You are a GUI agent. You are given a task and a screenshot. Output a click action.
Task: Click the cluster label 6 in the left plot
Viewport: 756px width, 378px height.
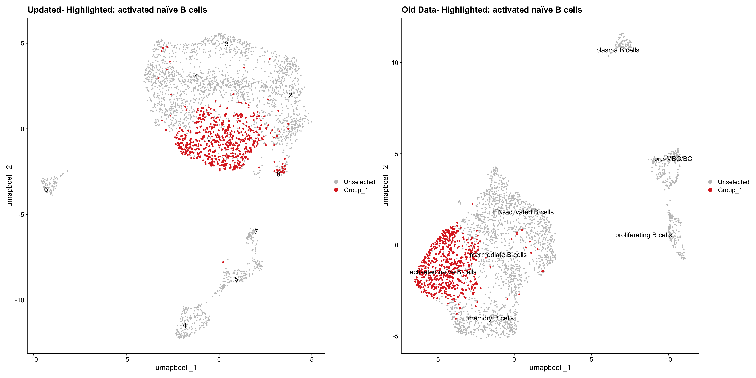pos(46,189)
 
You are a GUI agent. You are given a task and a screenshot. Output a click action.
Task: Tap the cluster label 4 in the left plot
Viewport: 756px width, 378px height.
pos(185,325)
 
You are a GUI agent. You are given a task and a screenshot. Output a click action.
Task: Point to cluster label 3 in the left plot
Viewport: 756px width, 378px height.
pos(227,44)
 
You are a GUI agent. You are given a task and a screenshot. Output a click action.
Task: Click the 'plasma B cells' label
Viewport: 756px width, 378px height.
pos(617,50)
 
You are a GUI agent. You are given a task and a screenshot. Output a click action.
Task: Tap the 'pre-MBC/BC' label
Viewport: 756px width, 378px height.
pos(673,159)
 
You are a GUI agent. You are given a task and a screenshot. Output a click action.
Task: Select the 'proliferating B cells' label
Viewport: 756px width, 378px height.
pos(643,235)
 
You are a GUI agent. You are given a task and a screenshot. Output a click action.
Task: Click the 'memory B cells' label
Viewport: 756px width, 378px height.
pos(491,318)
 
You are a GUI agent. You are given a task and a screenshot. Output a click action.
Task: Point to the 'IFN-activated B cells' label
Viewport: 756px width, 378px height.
pos(523,212)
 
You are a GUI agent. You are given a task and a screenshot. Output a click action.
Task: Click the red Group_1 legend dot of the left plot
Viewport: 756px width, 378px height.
pos(336,190)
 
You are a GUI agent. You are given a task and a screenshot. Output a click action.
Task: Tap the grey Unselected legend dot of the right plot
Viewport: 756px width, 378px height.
pos(710,182)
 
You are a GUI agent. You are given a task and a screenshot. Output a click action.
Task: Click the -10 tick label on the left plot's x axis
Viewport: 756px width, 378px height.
pos(33,359)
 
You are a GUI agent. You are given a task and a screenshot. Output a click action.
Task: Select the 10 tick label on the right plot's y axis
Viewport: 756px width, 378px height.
pos(395,63)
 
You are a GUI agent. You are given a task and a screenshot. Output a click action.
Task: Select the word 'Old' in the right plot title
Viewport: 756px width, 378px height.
pos(408,10)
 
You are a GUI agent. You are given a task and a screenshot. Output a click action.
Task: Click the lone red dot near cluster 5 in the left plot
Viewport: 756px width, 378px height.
pos(223,262)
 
